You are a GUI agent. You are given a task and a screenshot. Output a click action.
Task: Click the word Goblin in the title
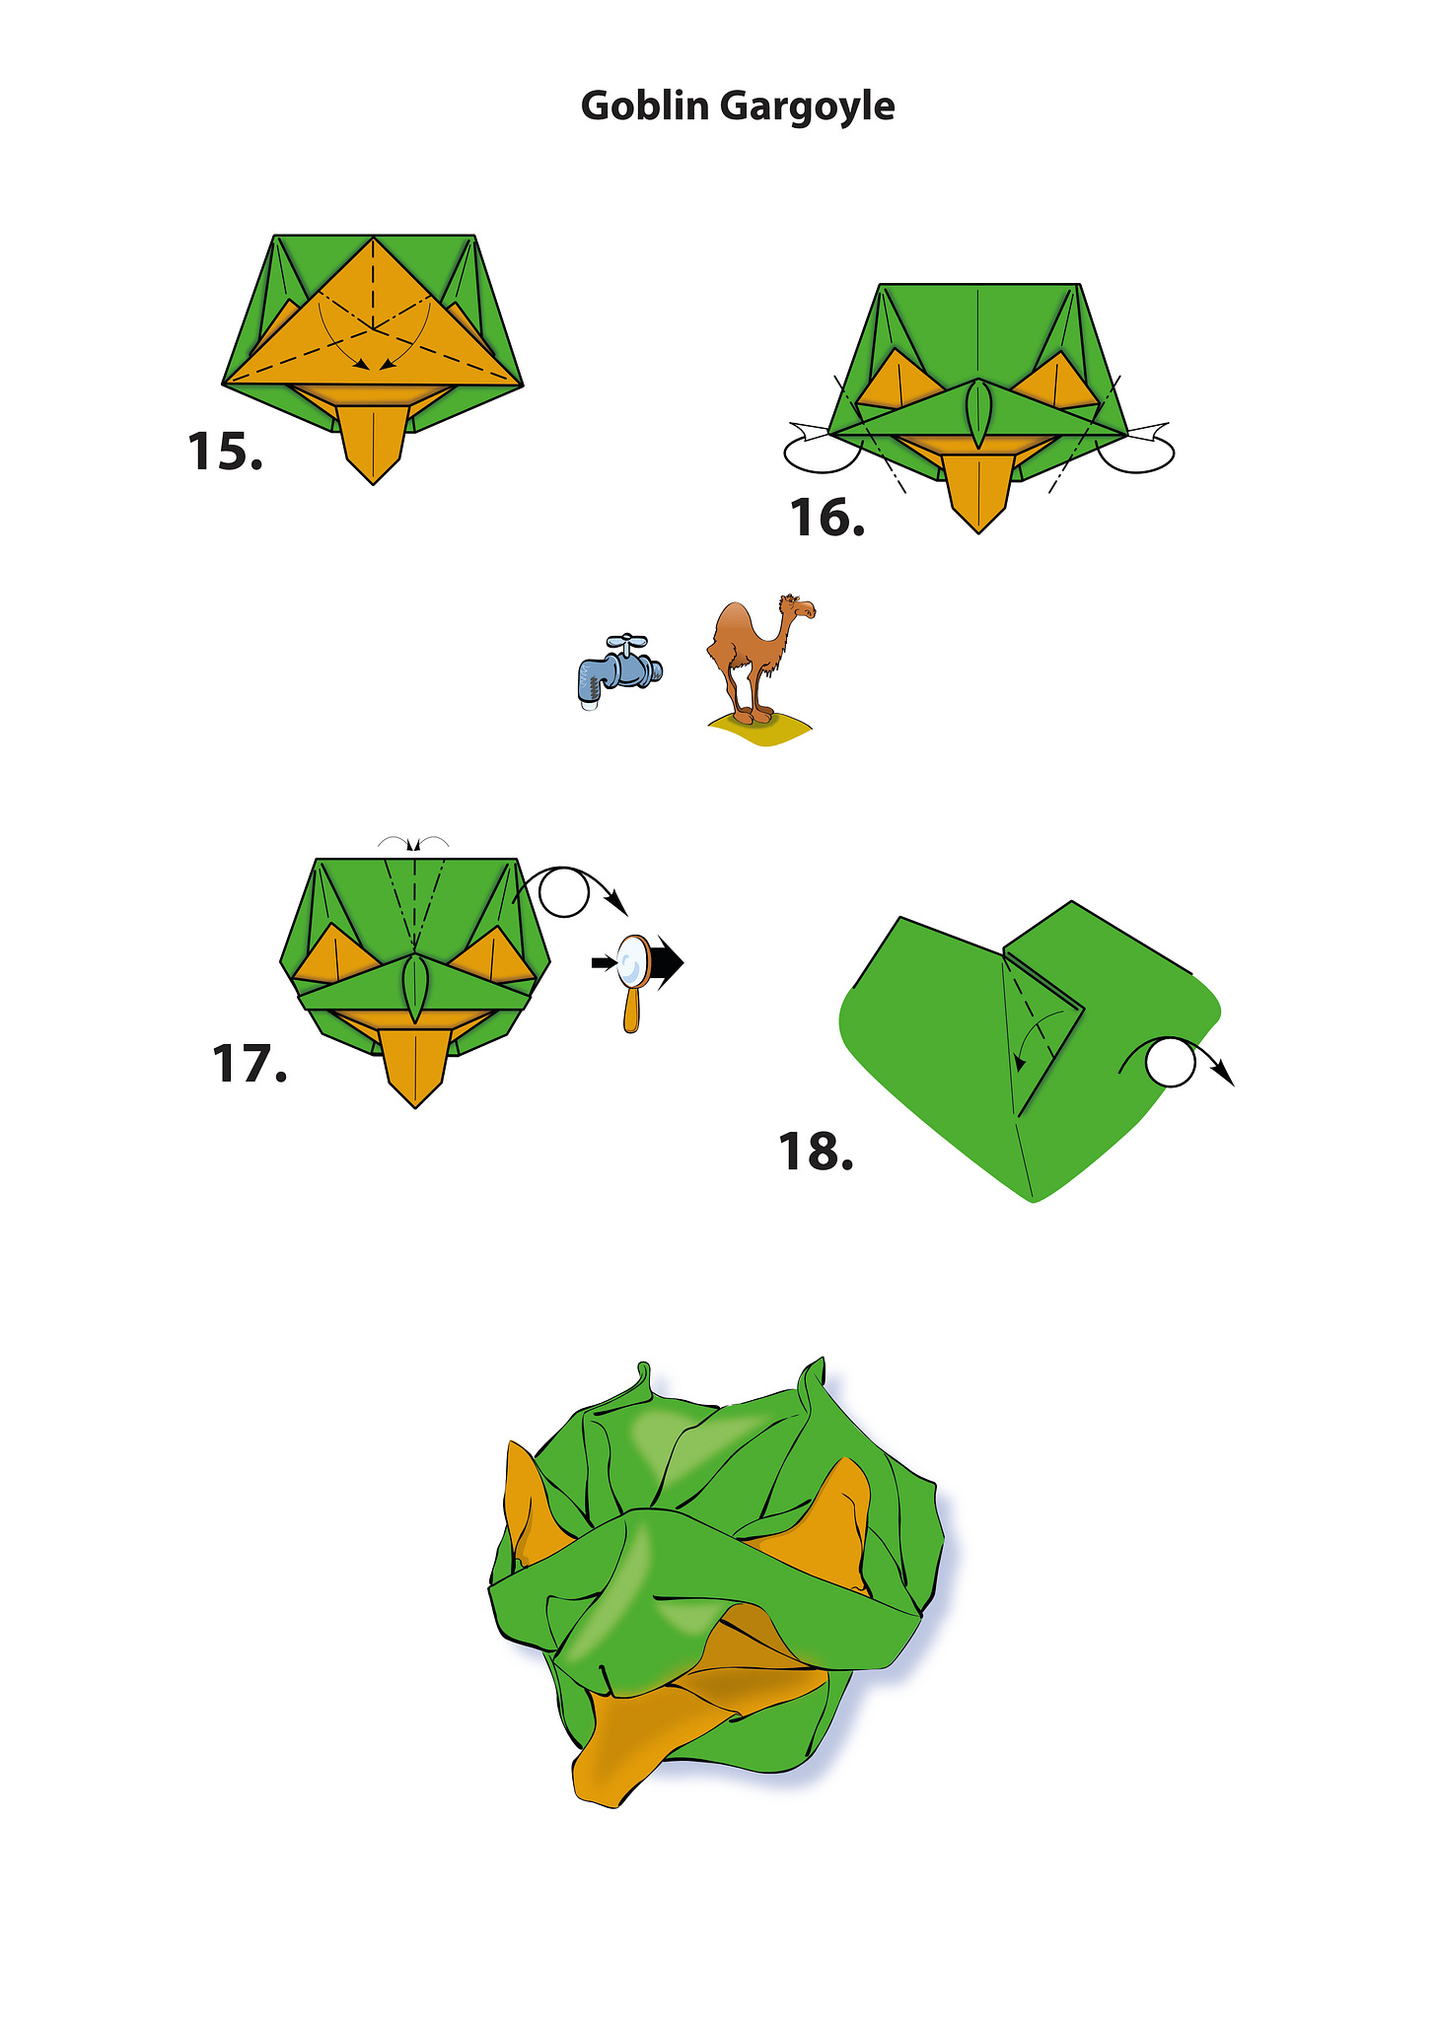pos(644,105)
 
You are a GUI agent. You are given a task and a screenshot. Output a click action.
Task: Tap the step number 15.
pos(225,452)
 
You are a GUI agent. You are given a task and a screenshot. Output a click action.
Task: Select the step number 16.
pos(826,518)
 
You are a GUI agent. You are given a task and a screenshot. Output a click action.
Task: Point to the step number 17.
pos(249,1065)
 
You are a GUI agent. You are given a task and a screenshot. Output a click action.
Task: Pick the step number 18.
pos(816,1151)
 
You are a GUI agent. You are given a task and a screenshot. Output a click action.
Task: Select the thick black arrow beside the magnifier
pos(667,962)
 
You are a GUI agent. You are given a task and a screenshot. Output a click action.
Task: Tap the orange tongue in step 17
pos(415,1069)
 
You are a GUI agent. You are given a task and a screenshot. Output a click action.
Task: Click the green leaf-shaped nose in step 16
pos(978,414)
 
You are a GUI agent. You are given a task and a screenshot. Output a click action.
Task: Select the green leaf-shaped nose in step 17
pos(415,989)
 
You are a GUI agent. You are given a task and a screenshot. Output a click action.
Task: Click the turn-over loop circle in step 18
pos(1171,1062)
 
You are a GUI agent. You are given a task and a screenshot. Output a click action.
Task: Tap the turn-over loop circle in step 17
pos(564,892)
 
